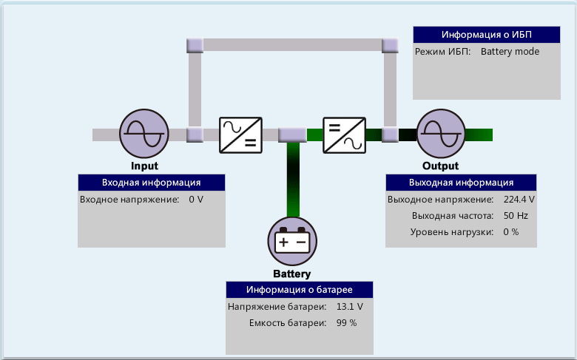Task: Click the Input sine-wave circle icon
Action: click(x=144, y=134)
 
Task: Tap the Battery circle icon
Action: click(x=292, y=242)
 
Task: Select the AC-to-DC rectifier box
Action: click(x=240, y=135)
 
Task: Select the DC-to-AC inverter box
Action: click(x=345, y=135)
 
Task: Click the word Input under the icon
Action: click(x=144, y=166)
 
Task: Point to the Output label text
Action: click(x=440, y=166)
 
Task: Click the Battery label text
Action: click(x=292, y=274)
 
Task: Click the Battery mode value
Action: click(x=510, y=52)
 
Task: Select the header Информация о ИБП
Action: click(x=486, y=35)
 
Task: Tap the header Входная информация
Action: click(x=151, y=183)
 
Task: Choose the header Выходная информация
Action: click(x=461, y=183)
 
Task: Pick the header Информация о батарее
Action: click(x=299, y=290)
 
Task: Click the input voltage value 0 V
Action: click(x=196, y=200)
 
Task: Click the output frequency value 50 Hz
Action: click(x=516, y=216)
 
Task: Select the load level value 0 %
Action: click(x=510, y=232)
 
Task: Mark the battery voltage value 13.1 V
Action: click(x=349, y=307)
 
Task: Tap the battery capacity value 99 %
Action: click(x=346, y=323)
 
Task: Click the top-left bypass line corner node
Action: click(x=195, y=45)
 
